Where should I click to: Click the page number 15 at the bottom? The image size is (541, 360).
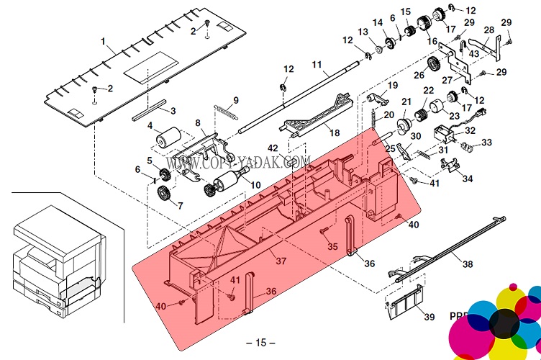260,343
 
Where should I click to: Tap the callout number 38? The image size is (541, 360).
468,264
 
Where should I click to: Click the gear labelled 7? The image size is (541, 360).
164,193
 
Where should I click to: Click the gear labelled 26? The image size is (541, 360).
434,67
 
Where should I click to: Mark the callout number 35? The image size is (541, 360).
332,247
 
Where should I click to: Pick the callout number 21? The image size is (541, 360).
406,102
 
